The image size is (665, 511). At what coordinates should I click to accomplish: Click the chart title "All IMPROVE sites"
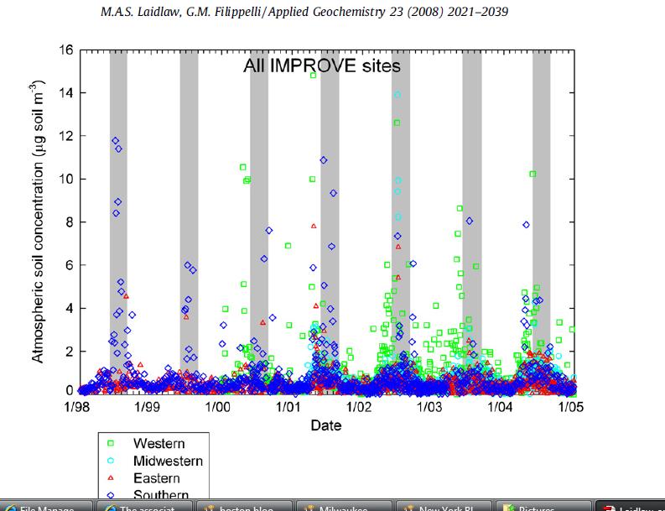pos(321,65)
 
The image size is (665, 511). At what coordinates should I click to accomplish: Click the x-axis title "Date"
pos(326,425)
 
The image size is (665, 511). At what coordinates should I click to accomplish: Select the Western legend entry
pos(159,443)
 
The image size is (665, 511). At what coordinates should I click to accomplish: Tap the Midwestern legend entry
pos(168,461)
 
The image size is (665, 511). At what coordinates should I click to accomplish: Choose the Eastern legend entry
pos(157,478)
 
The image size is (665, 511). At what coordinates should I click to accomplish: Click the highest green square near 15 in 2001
pos(313,76)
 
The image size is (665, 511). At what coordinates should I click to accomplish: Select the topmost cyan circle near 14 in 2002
pos(397,95)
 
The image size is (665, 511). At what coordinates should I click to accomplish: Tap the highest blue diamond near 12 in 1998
pos(115,141)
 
